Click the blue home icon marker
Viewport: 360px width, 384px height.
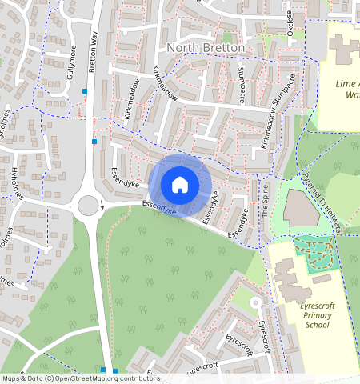180,185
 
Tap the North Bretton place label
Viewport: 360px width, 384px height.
206,48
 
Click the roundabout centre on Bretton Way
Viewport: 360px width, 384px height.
89,206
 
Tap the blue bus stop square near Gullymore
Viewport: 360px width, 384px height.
84,91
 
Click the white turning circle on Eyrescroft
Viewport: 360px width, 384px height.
255,303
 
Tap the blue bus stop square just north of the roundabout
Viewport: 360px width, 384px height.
94,142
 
